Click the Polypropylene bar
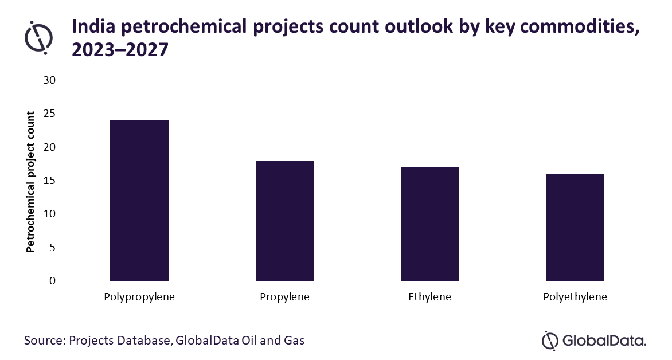coord(139,201)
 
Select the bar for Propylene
coord(284,221)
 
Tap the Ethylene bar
coord(429,224)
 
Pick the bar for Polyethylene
coord(575,228)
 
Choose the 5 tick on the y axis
coord(52,248)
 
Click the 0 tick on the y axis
coord(52,281)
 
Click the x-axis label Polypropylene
coord(139,298)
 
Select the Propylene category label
coord(284,298)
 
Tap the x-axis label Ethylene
coord(429,298)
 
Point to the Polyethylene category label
coord(575,298)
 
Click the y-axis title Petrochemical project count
coord(31,181)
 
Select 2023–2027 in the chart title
coord(120,50)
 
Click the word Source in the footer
coord(43,340)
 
